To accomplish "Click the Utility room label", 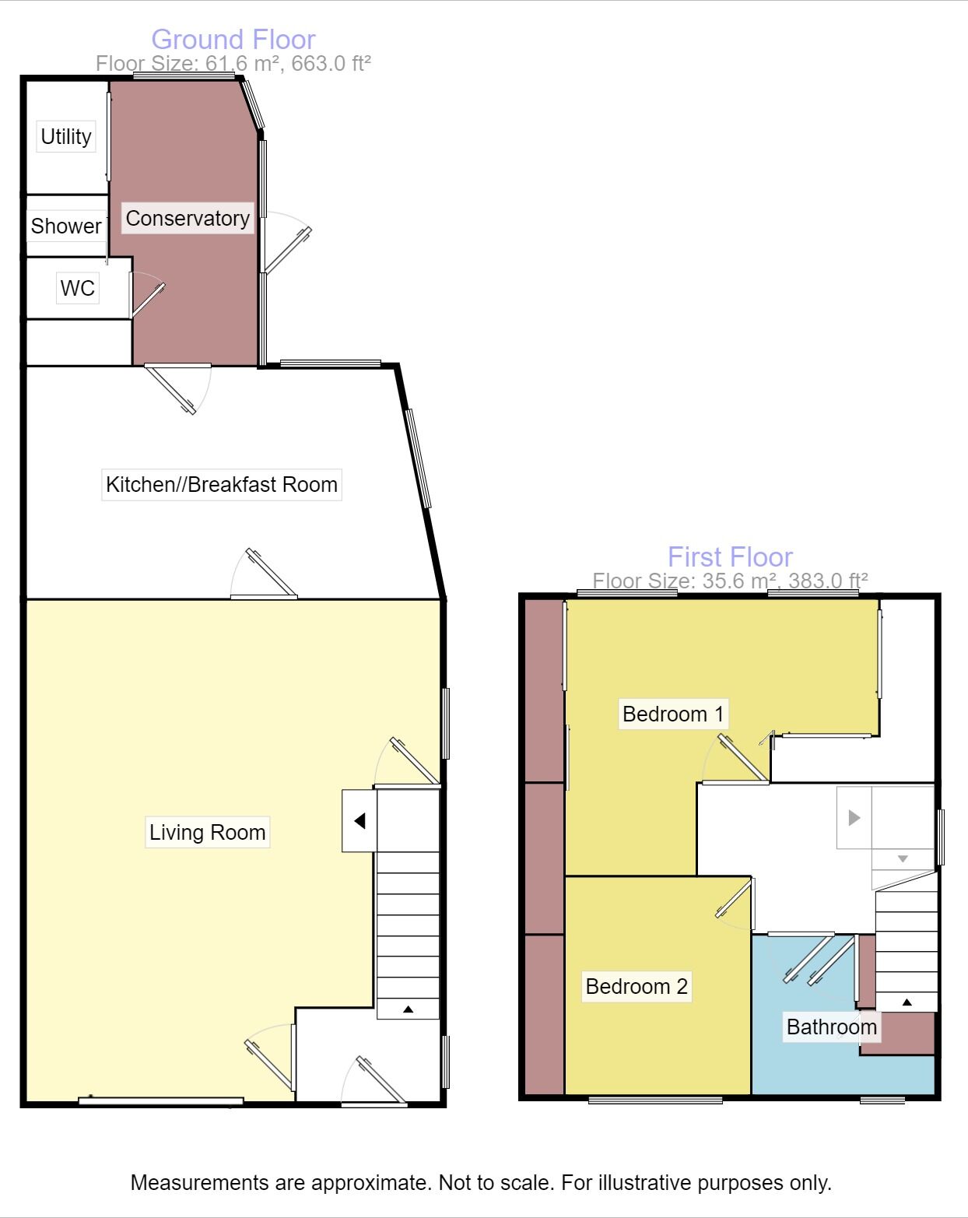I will click(66, 136).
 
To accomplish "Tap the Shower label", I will click(66, 226).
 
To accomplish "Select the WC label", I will click(77, 288).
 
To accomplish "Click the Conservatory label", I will click(188, 219).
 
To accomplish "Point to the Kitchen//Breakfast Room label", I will click(222, 484).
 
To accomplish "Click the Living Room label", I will click(207, 832).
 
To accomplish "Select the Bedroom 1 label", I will click(673, 714).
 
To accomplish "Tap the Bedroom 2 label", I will click(637, 986).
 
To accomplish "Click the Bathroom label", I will click(831, 1027).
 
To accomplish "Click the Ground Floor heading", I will click(233, 39).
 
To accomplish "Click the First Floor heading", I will click(730, 556).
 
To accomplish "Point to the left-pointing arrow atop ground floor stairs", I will click(359, 821).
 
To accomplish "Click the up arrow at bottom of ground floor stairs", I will click(408, 1009).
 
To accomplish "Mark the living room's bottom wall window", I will click(161, 1100).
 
